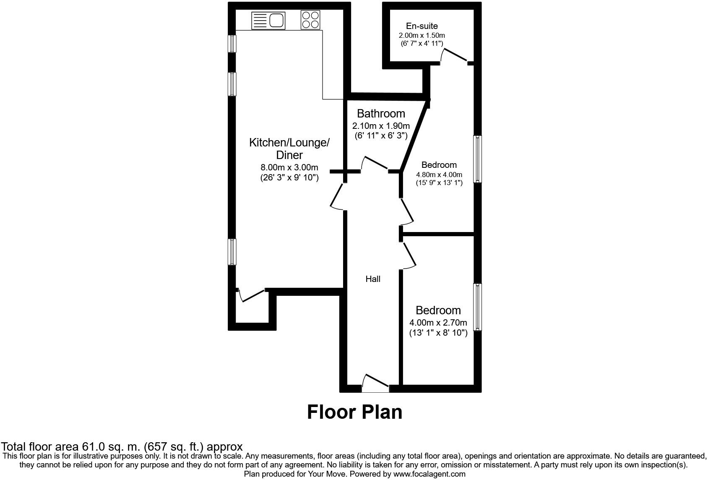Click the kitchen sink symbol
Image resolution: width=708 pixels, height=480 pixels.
[268, 20]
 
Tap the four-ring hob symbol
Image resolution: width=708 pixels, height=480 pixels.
[310, 20]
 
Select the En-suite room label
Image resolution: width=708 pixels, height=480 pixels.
[422, 26]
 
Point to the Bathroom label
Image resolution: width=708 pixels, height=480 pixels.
[381, 113]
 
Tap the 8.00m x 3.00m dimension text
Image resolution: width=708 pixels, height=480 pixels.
[289, 167]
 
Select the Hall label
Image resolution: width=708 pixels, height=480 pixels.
[372, 279]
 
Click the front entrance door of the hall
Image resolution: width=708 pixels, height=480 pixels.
[375, 383]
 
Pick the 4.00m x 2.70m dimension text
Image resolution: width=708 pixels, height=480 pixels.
[438, 323]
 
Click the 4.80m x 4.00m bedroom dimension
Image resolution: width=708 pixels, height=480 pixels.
[439, 175]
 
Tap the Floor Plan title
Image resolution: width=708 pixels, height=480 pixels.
[354, 412]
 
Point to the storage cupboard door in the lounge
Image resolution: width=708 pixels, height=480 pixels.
[252, 295]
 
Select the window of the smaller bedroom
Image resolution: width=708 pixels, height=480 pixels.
[477, 307]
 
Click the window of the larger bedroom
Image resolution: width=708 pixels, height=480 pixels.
[477, 159]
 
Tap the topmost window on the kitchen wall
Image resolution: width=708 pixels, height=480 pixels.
[232, 44]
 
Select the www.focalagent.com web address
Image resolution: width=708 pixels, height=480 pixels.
[429, 474]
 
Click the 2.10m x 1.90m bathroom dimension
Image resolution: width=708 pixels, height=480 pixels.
[381, 125]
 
